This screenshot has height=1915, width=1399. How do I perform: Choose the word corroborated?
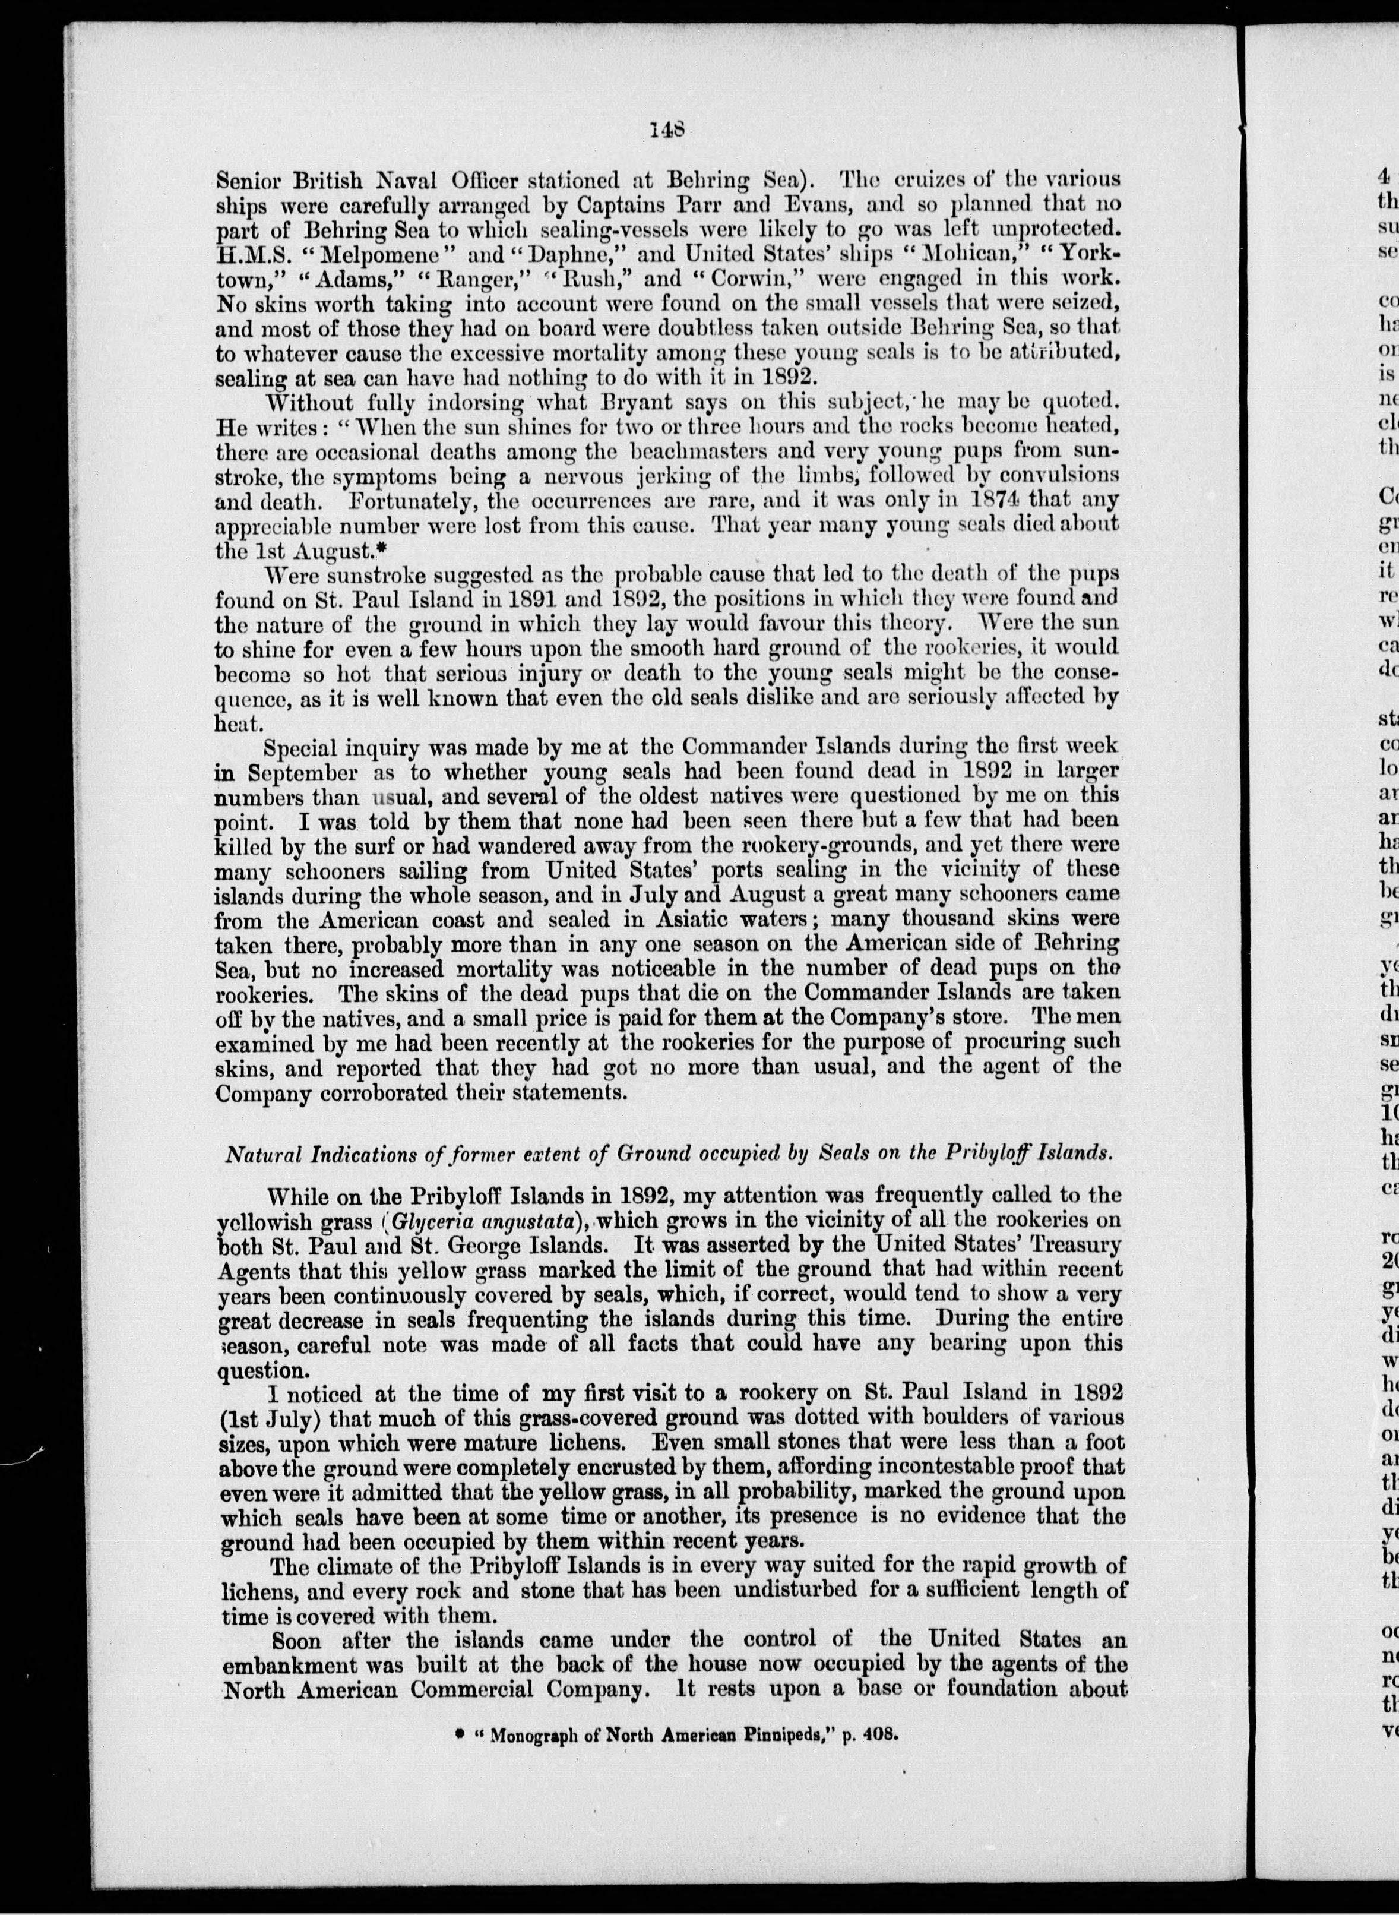tap(375, 1092)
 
